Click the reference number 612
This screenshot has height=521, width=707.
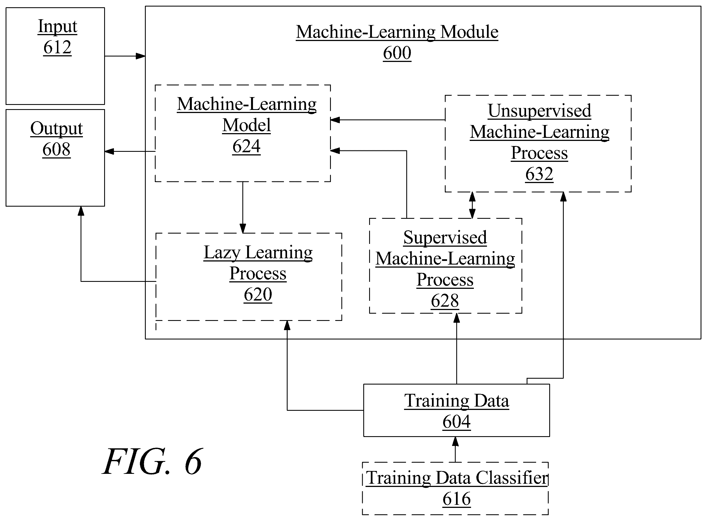58,47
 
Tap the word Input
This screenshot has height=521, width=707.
58,27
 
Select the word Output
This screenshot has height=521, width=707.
56,129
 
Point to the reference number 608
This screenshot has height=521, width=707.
56,149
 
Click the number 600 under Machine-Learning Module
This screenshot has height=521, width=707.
397,53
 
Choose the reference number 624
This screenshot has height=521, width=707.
246,146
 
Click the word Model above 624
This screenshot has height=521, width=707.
246,125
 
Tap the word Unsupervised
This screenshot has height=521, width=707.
539,111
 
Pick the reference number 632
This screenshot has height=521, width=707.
539,174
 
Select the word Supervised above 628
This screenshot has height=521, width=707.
445,237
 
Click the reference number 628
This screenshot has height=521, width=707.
445,301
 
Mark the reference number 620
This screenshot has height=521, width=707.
258,295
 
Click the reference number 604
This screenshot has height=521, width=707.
457,422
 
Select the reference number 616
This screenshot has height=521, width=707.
457,499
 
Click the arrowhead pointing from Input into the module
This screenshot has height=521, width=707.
141,56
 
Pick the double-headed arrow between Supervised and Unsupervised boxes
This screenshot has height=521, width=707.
472,205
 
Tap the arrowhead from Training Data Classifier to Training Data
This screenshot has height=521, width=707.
455,441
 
